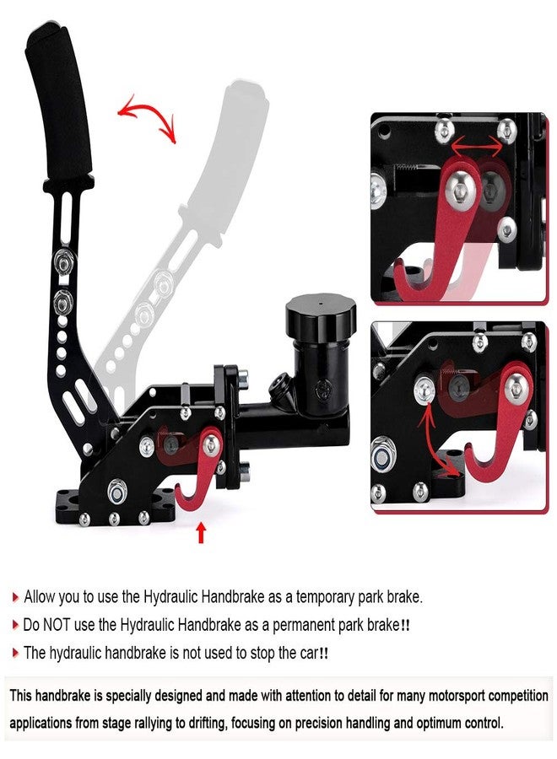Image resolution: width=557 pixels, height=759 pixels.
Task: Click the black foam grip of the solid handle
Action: click(x=58, y=104)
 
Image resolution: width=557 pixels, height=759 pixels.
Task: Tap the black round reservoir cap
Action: click(x=321, y=316)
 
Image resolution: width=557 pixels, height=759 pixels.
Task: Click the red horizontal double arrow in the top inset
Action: click(x=477, y=144)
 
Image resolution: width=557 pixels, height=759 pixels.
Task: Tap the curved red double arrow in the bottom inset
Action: click(x=436, y=438)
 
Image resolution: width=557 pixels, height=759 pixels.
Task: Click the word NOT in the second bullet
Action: click(x=57, y=625)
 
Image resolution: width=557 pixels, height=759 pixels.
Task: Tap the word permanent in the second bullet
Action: click(x=303, y=626)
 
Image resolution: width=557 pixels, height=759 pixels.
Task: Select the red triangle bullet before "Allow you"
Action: click(x=15, y=597)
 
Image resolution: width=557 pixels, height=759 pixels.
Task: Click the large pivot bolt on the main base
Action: click(x=116, y=492)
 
